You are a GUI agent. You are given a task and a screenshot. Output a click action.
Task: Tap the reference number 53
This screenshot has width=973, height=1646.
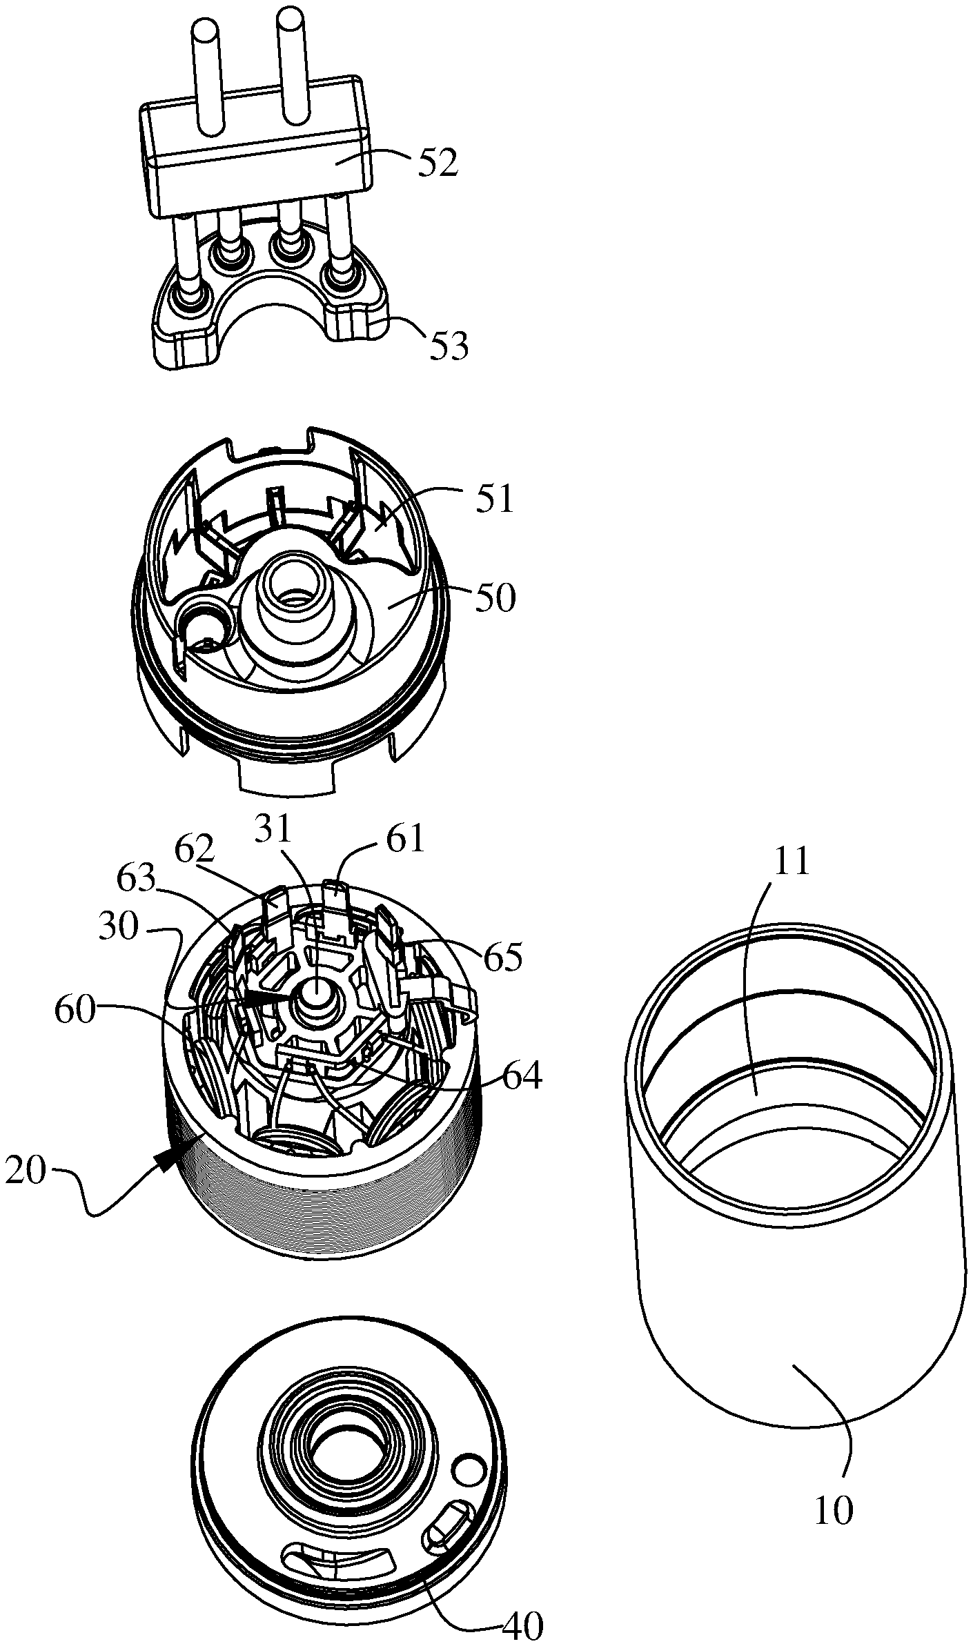coord(449,346)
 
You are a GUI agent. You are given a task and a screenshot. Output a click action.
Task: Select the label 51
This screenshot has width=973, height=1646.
coord(494,499)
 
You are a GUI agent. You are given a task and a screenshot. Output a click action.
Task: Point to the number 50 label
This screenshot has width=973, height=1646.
coord(493,599)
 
